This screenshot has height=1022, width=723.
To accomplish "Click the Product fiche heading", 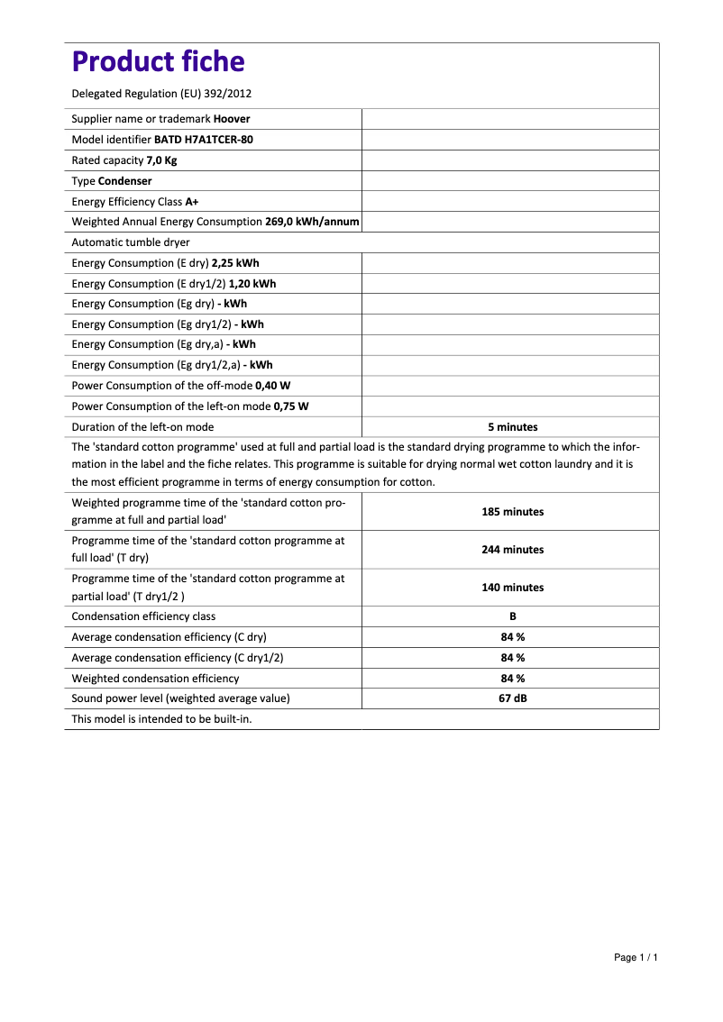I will click(x=158, y=61).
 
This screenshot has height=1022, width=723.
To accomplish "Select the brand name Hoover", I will click(x=232, y=119).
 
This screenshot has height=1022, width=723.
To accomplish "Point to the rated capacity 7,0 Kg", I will click(x=161, y=160).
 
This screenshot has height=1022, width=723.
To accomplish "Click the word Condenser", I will click(x=124, y=181).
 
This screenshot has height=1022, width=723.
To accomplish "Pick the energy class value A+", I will click(x=192, y=202).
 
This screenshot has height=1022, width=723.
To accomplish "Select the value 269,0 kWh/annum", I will click(x=312, y=222).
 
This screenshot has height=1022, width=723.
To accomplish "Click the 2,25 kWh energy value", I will click(x=235, y=263).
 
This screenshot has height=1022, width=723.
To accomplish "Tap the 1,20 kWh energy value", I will click(x=252, y=284).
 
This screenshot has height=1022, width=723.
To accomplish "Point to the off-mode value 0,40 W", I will click(x=273, y=386).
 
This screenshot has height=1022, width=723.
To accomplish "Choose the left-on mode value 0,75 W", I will click(x=291, y=406).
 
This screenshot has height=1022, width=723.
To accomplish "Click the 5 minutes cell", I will click(x=512, y=427).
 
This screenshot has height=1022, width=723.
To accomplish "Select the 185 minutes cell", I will click(x=512, y=512).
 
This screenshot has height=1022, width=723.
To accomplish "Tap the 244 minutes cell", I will click(x=512, y=550).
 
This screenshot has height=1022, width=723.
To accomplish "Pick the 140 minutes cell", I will click(x=512, y=588).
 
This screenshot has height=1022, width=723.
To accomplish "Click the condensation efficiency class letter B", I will click(x=512, y=616).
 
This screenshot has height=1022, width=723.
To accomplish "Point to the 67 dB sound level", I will click(x=512, y=698).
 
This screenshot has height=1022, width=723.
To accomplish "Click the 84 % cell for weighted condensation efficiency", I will click(x=512, y=679).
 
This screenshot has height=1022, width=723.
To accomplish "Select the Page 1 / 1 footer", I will click(x=636, y=957).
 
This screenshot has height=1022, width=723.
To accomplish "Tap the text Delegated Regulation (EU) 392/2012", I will click(x=161, y=93).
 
